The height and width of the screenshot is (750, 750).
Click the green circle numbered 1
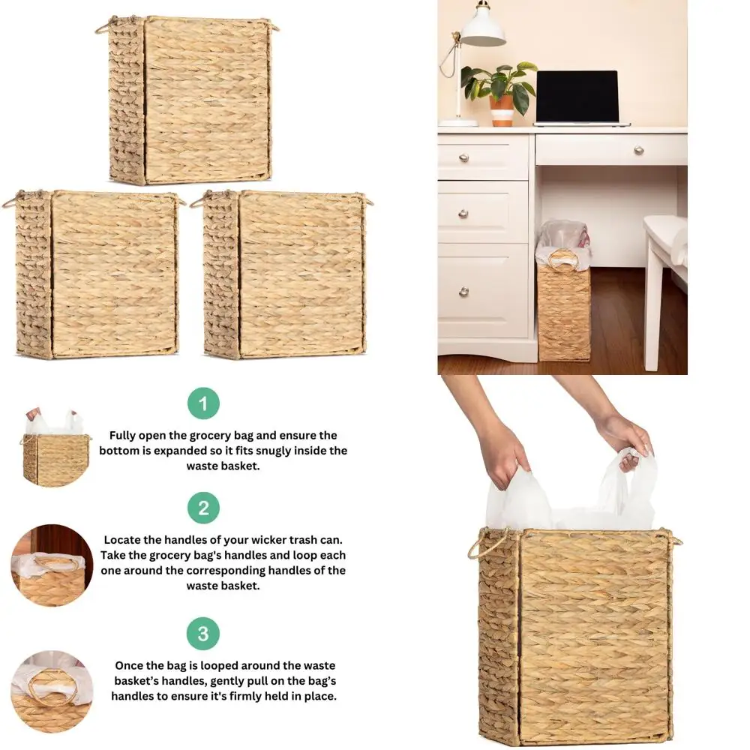[x=203, y=403]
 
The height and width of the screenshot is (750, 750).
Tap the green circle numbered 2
[x=203, y=508]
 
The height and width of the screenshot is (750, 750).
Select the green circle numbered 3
[x=203, y=634]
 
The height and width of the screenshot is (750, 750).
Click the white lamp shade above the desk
[x=483, y=29]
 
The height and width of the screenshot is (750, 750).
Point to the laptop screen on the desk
[x=577, y=96]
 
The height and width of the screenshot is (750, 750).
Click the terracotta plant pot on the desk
[x=502, y=109]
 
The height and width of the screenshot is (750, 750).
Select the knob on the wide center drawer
[x=638, y=150]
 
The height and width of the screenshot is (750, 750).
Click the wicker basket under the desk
[x=563, y=311]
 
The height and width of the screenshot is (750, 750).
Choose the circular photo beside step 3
[x=52, y=691]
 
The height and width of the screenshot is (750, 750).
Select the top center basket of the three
[x=190, y=100]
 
